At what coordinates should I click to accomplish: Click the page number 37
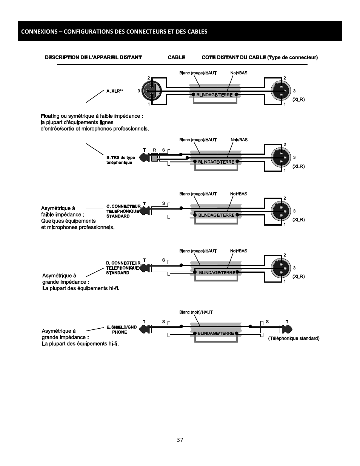tap(180, 440)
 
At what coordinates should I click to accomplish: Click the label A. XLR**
tap(115, 91)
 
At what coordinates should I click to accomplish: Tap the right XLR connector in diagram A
tap(281, 91)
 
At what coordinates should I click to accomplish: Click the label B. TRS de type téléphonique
tap(120, 160)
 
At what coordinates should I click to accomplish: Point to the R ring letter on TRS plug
tap(154, 150)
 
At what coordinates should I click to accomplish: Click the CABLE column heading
tap(176, 57)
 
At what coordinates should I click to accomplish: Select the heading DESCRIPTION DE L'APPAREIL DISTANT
tap(93, 57)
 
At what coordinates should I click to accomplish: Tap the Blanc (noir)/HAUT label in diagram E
tap(196, 312)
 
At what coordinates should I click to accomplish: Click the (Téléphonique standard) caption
tap(294, 338)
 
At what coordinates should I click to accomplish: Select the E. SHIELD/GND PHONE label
tap(122, 330)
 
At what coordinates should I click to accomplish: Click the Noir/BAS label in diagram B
tap(239, 140)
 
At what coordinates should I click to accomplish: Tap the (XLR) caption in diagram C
tap(298, 220)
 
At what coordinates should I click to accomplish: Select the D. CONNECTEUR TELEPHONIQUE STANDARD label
tap(123, 268)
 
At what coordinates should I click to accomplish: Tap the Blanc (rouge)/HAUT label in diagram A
tap(198, 73)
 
